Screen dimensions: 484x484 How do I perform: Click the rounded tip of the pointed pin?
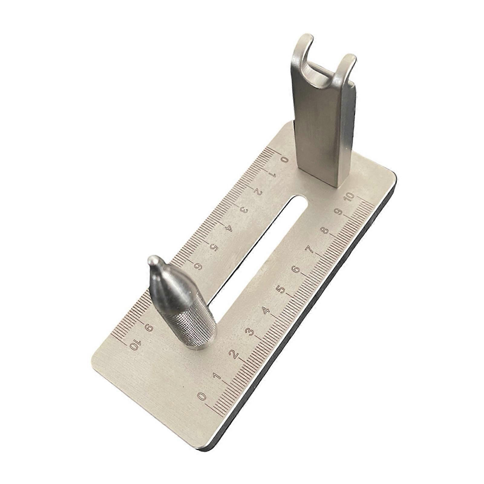pyautogui.click(x=153, y=260)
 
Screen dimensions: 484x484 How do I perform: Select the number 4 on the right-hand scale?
pyautogui.click(x=266, y=311)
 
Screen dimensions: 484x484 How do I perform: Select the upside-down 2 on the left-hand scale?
pyautogui.click(x=258, y=192)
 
